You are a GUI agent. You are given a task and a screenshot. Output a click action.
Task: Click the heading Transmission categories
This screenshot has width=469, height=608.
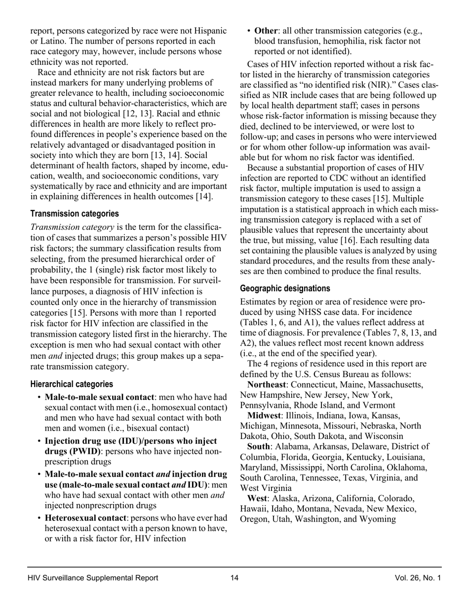[75, 214]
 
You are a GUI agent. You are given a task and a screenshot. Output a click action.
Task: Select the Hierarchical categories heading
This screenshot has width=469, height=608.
[72, 384]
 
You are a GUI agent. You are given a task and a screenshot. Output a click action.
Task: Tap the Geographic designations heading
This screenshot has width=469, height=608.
[285, 288]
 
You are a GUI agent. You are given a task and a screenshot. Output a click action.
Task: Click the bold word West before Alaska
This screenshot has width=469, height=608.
[257, 498]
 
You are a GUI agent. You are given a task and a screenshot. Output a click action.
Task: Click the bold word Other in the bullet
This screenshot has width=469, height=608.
[266, 31]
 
